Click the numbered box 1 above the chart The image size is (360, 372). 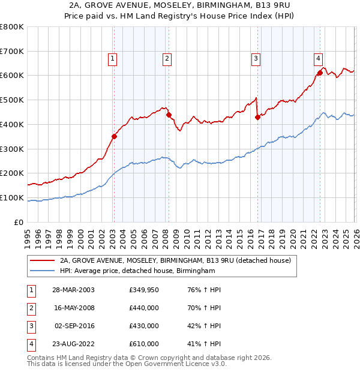[x=113, y=58]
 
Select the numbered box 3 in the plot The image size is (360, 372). [x=256, y=58]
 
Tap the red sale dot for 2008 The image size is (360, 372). [x=169, y=115]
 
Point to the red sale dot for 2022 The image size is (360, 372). [x=320, y=73]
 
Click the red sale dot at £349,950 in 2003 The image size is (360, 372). [x=114, y=136]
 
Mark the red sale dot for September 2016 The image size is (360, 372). [x=257, y=117]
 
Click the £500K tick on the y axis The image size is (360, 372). [x=12, y=100]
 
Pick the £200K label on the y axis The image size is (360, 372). [x=12, y=173]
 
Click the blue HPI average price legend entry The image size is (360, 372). [x=137, y=271]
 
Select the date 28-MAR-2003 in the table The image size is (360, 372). [x=74, y=290]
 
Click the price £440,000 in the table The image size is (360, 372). [x=144, y=308]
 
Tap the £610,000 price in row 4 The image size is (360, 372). [x=144, y=344]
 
